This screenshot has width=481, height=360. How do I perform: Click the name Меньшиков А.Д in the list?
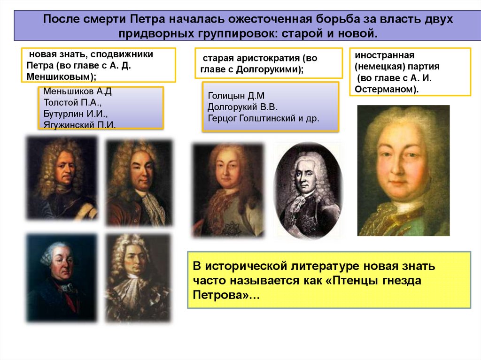coord(77,91)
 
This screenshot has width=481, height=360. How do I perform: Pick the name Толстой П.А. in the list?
coord(72,102)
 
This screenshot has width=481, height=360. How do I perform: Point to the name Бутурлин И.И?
coord(76,114)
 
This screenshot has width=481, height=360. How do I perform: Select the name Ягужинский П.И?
coord(79,125)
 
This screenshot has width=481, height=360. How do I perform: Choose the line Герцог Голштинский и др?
coord(263,118)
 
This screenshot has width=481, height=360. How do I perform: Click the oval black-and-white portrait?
coord(308,191)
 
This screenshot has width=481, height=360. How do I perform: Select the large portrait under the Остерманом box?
coord(403,170)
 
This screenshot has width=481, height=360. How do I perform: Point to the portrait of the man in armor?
coord(62,177)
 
